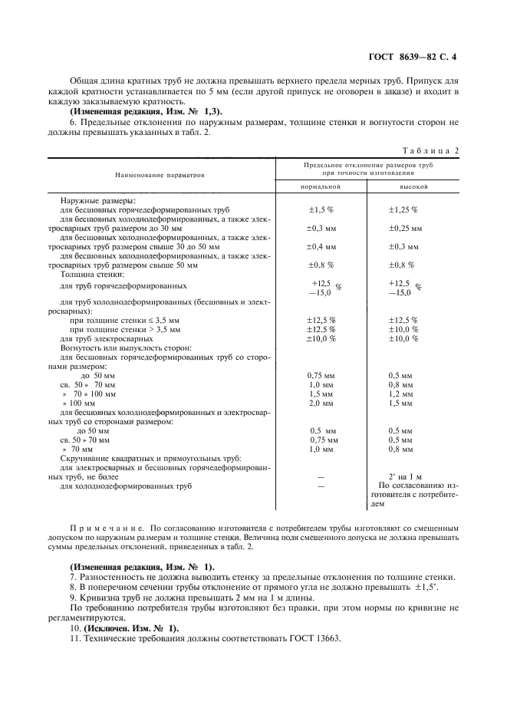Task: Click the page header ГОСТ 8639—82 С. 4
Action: point(412,56)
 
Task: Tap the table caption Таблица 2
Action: point(430,150)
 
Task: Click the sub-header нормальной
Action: point(321,186)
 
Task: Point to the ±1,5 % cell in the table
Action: point(321,209)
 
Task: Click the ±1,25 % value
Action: point(403,209)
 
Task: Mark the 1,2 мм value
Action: point(400,394)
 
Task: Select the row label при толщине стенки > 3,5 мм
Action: point(125,329)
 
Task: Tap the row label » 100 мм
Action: point(79,403)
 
